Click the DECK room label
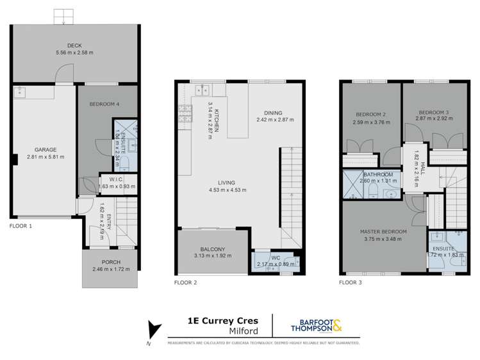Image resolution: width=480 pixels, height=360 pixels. pos(74,45)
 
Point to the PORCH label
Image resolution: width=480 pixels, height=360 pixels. pos(111,262)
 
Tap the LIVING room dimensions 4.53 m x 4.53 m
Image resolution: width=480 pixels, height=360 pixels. pos(228,190)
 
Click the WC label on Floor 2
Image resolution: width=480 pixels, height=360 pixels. pos(275,258)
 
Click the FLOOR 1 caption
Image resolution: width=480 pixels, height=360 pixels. pos(21,226)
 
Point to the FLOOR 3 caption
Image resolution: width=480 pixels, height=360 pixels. pos(351,281)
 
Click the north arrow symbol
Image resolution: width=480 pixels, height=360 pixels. pos(153,330)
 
